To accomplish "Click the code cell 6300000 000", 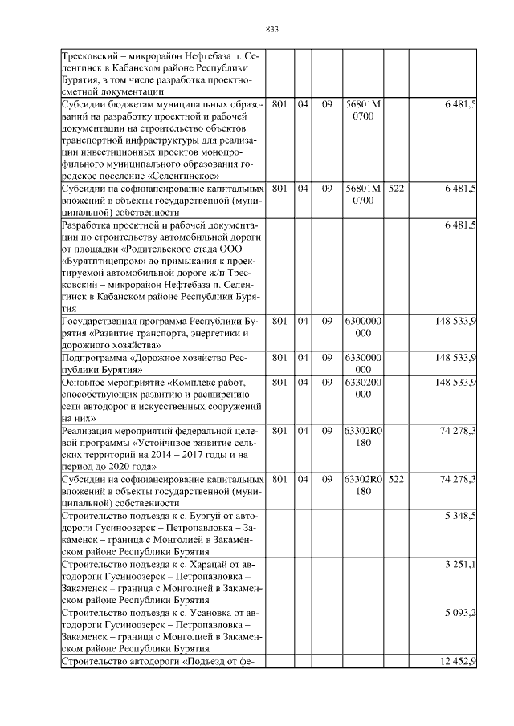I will point(362,326).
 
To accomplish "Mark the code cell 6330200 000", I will point(362,388).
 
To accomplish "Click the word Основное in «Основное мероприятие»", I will point(84,383).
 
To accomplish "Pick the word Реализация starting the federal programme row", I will point(90,431).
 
